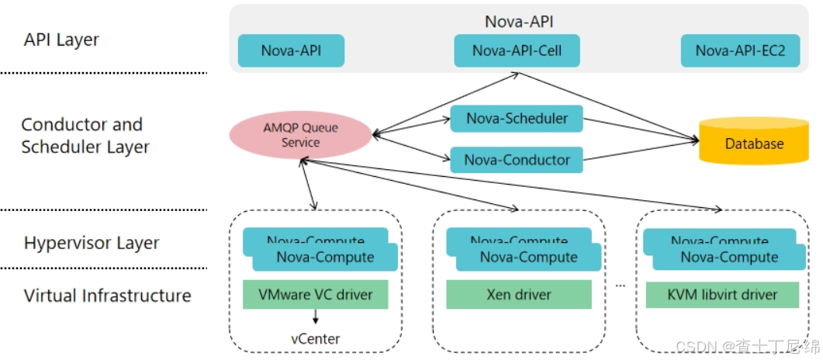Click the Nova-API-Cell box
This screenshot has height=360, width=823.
(517, 51)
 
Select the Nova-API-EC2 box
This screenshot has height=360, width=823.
(740, 51)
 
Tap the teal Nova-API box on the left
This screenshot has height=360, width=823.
(291, 51)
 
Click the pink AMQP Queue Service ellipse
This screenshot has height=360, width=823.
(300, 135)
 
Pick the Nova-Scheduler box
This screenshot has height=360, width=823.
(517, 119)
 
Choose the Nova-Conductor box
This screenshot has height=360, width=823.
(517, 160)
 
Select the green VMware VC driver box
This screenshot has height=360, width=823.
(315, 295)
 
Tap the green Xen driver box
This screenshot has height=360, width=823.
(519, 295)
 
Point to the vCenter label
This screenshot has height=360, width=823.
(315, 338)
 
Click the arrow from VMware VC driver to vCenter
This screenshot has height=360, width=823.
(315, 317)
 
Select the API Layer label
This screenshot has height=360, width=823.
(61, 40)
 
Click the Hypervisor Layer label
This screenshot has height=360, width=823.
(92, 243)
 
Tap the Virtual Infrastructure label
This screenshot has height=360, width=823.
(107, 296)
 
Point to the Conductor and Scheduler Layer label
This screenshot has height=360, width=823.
(85, 136)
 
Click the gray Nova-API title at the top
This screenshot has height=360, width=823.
(519, 21)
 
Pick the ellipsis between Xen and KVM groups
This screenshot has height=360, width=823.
(620, 285)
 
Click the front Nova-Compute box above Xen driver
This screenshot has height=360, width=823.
(528, 258)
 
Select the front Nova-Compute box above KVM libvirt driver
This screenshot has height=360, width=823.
(729, 258)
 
